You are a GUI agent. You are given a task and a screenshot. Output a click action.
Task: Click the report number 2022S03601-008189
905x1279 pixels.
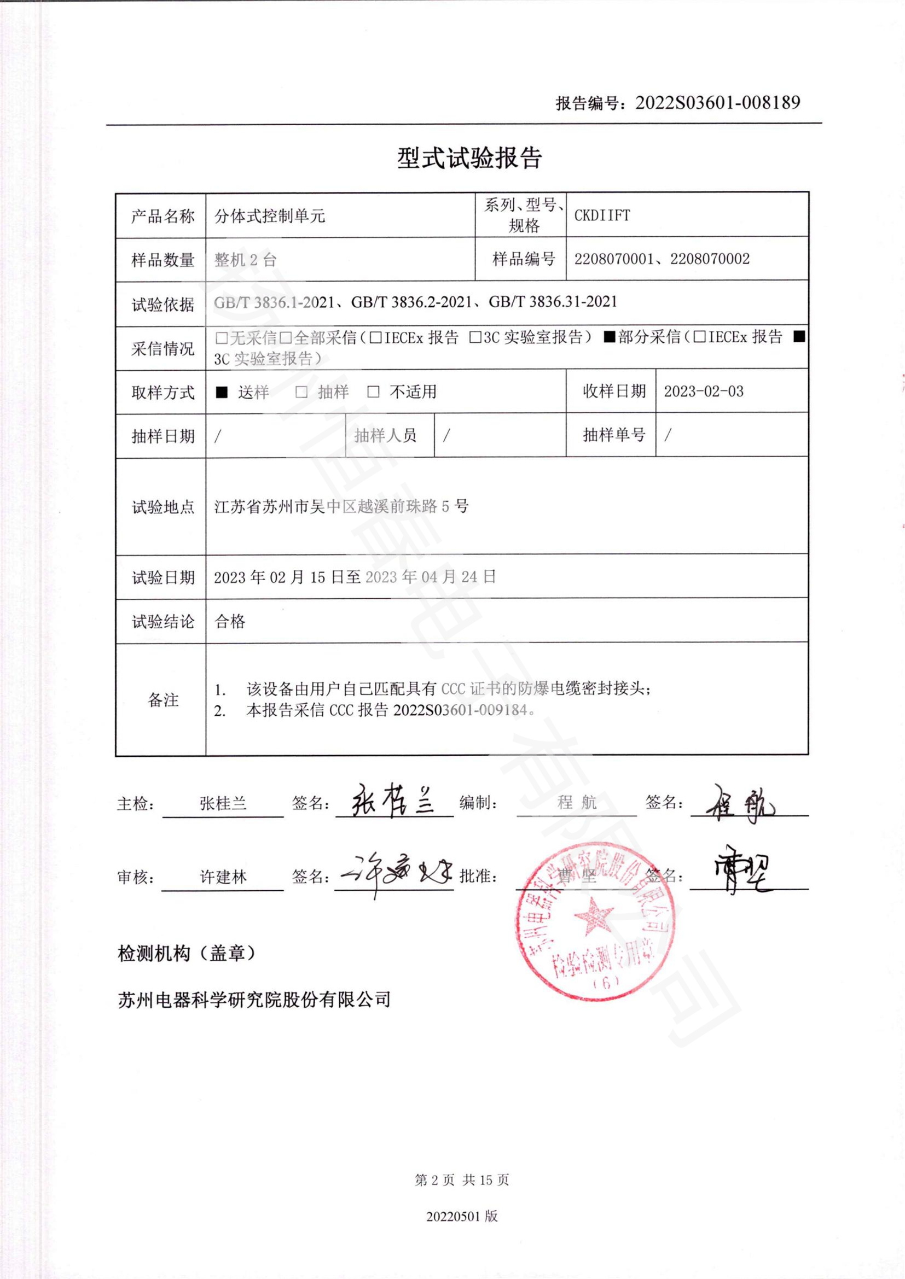click(718, 102)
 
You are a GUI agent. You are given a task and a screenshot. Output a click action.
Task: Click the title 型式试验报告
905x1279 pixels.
click(469, 158)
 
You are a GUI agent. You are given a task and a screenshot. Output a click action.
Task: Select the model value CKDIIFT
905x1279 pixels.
click(602, 215)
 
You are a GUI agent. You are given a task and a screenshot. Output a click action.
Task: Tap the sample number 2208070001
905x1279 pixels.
click(613, 259)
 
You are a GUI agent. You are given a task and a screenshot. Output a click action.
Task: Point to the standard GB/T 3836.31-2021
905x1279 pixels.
click(553, 302)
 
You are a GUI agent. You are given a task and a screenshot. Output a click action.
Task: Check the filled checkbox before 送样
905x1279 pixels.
click(222, 392)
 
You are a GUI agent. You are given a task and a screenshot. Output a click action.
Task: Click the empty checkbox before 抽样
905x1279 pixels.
click(301, 392)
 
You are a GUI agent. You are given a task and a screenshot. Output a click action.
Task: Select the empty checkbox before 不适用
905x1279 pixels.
click(373, 392)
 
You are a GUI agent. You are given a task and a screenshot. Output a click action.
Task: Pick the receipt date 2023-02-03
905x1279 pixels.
click(703, 392)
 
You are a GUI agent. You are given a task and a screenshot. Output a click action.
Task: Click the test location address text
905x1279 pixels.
click(341, 506)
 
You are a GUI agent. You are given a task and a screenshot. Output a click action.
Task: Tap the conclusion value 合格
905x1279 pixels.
click(230, 622)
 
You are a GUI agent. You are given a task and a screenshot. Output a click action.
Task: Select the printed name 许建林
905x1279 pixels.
click(223, 877)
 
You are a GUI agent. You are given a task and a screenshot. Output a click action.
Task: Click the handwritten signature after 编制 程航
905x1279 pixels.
click(740, 803)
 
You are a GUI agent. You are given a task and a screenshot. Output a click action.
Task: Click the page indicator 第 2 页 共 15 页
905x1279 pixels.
click(462, 1180)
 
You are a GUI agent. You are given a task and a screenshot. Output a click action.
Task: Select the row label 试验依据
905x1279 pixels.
click(163, 305)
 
